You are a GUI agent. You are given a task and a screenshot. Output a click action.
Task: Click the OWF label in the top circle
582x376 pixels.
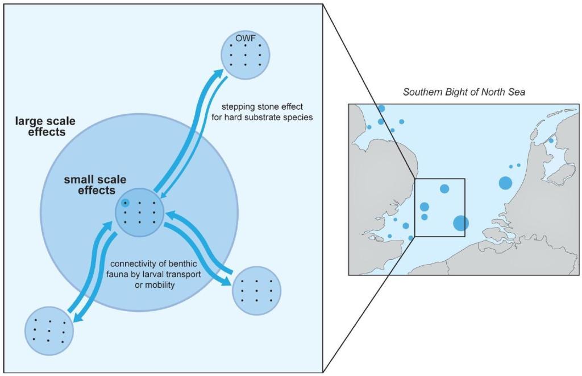245,39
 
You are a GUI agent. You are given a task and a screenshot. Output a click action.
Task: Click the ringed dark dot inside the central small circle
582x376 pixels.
126,203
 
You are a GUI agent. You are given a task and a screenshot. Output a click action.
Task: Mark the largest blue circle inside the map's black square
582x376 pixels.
461,223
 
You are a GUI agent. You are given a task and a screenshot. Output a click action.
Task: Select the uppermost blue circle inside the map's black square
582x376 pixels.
444,188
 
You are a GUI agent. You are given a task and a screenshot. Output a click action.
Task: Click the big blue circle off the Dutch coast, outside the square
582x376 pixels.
505,183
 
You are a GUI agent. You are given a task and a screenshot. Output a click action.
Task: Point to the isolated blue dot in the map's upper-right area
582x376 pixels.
551,140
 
